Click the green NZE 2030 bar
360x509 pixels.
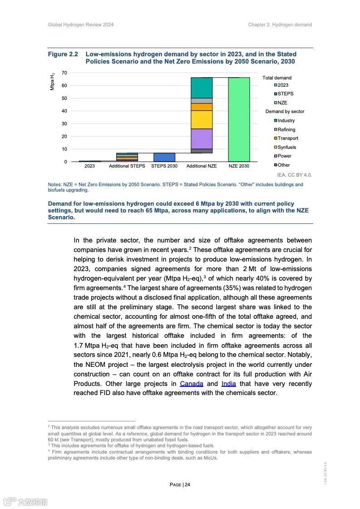[239, 119]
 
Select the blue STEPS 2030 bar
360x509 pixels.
[164, 157]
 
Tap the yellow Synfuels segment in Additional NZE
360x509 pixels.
[202, 120]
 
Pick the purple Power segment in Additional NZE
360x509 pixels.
[202, 138]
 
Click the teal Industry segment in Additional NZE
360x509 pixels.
[202, 87]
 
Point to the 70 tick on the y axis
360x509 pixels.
[64, 73]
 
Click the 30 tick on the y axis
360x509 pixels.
[64, 124]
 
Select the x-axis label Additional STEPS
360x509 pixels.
[127, 166]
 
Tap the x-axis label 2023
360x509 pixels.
[90, 166]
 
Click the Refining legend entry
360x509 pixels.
[286, 129]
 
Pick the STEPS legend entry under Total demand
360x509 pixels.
[285, 94]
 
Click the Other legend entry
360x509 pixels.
[283, 165]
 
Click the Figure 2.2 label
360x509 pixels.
[63, 54]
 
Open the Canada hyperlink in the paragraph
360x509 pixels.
[192, 384]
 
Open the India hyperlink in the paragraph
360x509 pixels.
[229, 384]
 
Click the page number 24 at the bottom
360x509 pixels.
[187, 484]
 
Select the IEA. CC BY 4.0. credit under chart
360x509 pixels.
[294, 175]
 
